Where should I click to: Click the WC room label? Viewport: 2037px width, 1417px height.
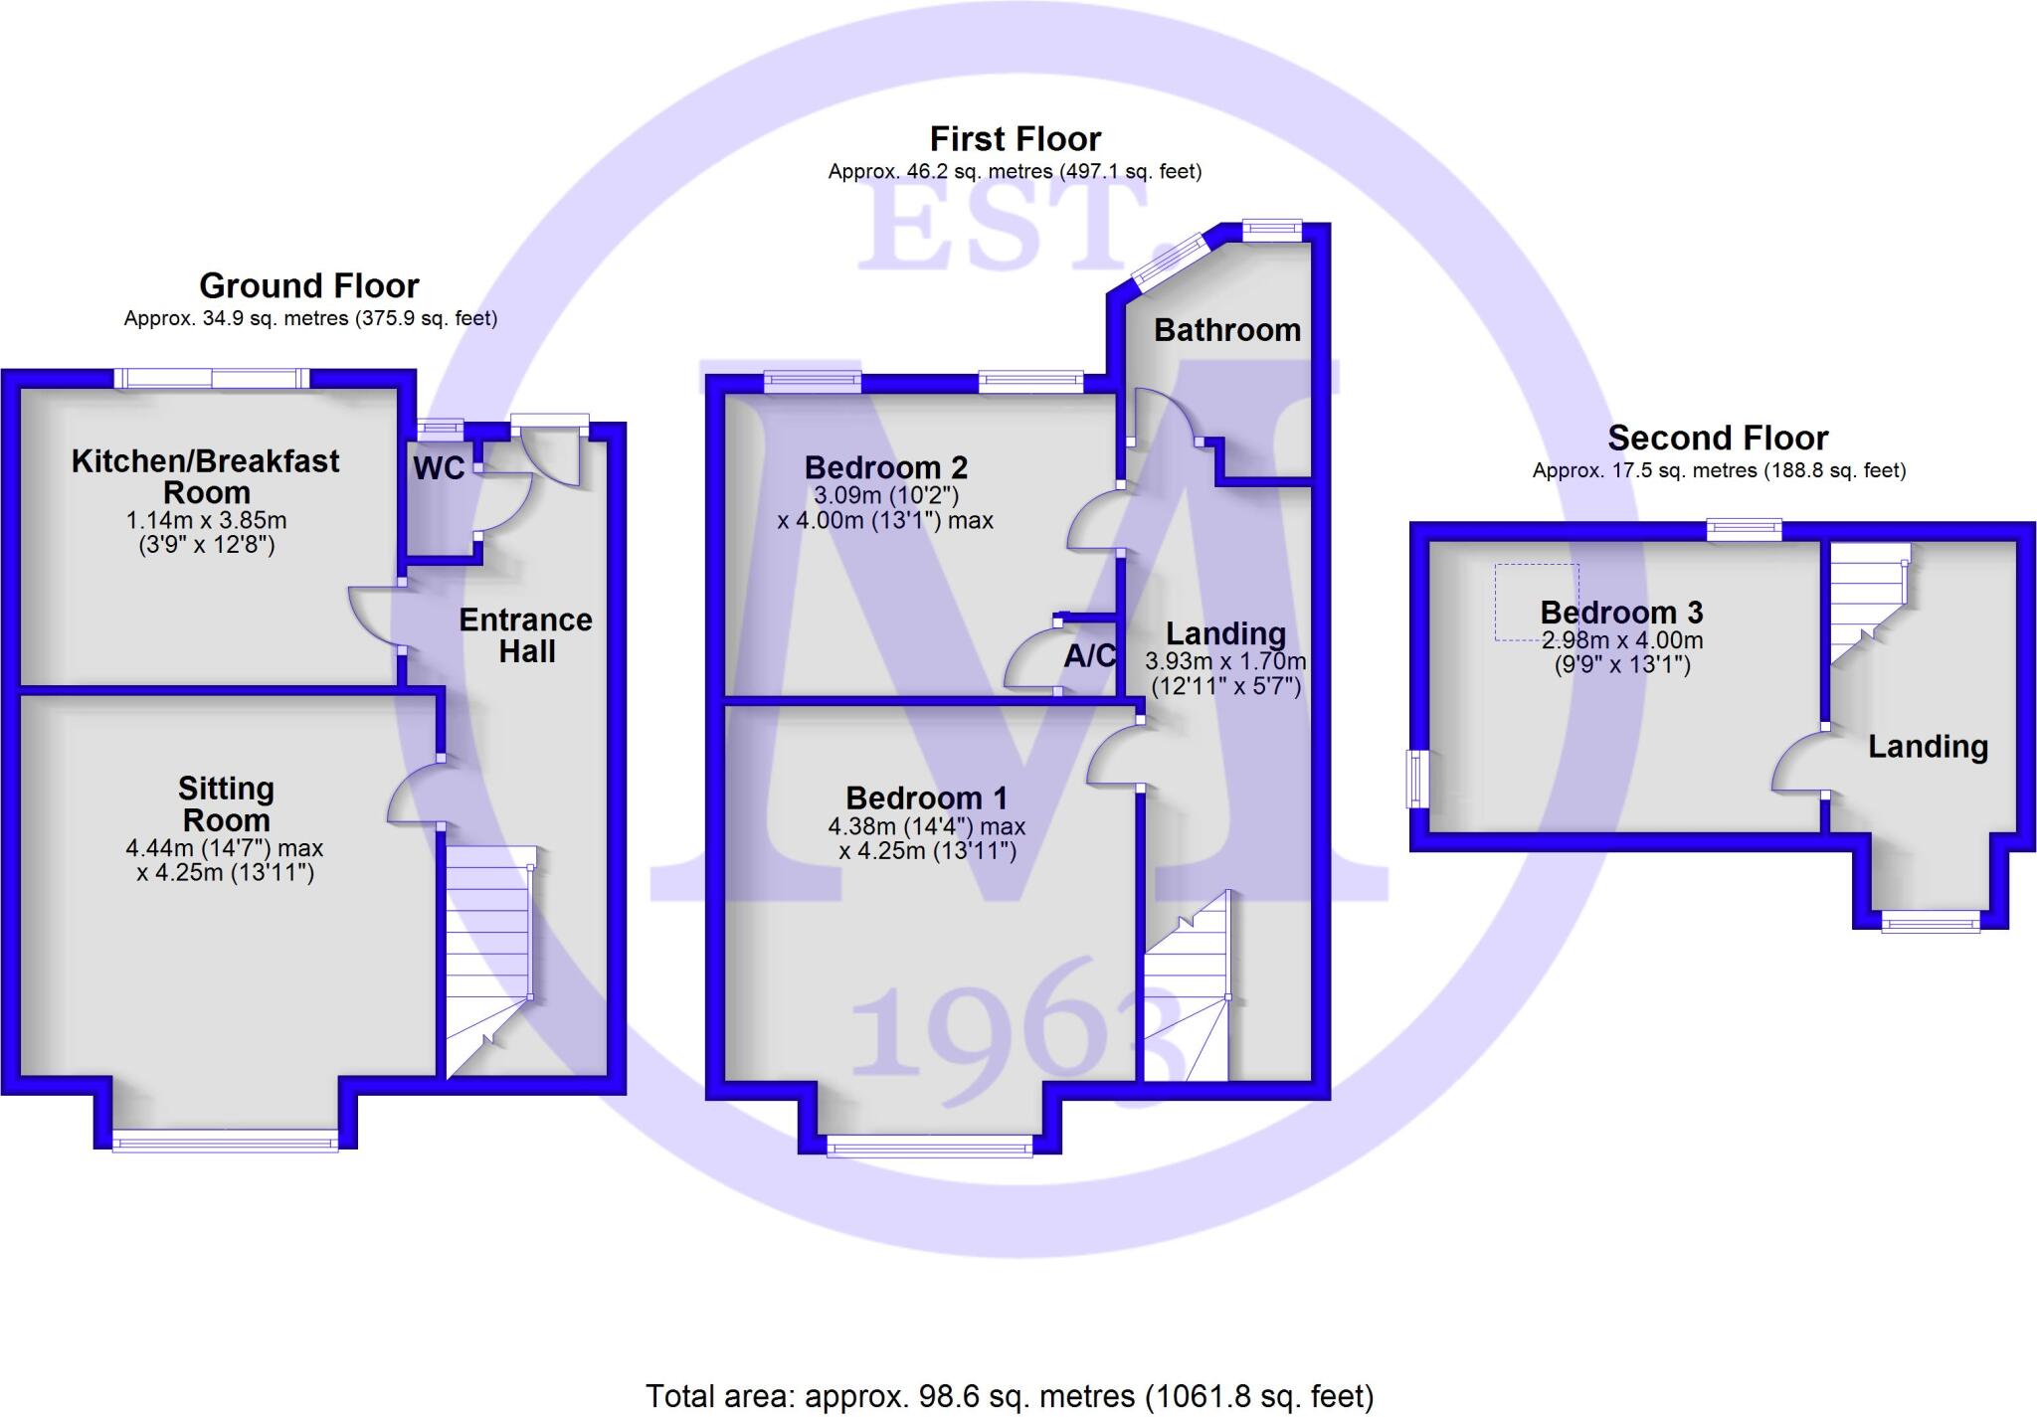pos(439,468)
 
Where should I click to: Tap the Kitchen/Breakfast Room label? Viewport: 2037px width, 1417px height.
pos(206,476)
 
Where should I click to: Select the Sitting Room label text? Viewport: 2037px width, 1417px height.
pos(226,804)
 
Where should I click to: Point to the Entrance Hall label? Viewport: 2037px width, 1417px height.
pos(526,635)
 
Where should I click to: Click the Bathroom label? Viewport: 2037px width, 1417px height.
pos(1226,330)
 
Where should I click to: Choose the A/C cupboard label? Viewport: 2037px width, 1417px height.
pos(1089,656)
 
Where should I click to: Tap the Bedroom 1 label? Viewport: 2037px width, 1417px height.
pos(926,798)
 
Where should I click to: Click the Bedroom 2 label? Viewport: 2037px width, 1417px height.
pos(885,467)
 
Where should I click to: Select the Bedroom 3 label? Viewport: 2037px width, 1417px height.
pos(1621,613)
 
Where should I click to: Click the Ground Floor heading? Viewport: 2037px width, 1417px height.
pos(309,286)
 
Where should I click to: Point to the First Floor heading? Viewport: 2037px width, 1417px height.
pos(1015,139)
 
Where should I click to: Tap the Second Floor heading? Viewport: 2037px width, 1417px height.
pos(1718,439)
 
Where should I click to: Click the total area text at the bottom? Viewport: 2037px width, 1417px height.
pos(1010,1396)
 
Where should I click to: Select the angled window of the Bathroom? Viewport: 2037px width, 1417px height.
pos(1169,261)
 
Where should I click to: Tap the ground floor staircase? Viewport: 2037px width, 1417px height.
pos(489,955)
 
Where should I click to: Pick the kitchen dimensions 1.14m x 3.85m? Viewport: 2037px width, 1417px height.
pos(206,520)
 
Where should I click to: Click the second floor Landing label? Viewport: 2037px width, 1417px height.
pos(1928,747)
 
